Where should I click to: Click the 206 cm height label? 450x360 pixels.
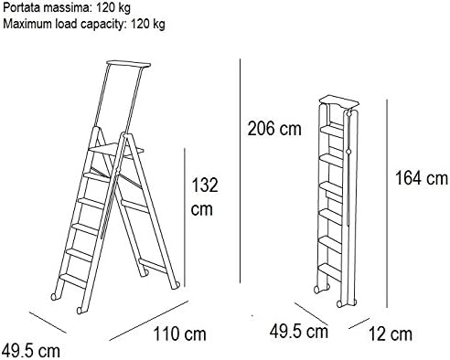tap(274, 129)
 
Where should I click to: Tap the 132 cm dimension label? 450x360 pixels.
tap(204, 197)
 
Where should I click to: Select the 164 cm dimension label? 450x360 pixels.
tap(422, 178)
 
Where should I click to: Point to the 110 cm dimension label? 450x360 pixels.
tap(179, 334)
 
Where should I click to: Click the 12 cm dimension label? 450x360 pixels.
tap(391, 334)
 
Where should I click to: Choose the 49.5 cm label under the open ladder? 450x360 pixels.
tap(30, 351)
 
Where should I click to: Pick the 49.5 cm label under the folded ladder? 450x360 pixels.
tap(299, 331)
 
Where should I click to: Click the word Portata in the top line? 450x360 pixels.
tap(21, 7)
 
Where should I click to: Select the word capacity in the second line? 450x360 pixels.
tap(102, 25)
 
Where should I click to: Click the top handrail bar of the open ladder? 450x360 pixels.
tap(129, 64)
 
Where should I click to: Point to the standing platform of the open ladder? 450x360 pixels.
tap(116, 150)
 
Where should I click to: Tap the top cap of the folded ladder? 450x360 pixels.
tap(339, 101)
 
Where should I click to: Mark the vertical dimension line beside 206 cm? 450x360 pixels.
tap(241, 171)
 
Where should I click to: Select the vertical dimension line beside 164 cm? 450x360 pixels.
tap(387, 204)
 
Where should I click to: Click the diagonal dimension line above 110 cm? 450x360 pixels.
tap(149, 321)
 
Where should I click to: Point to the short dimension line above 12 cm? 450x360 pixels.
tap(359, 323)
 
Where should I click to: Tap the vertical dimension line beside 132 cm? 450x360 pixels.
tap(185, 217)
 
